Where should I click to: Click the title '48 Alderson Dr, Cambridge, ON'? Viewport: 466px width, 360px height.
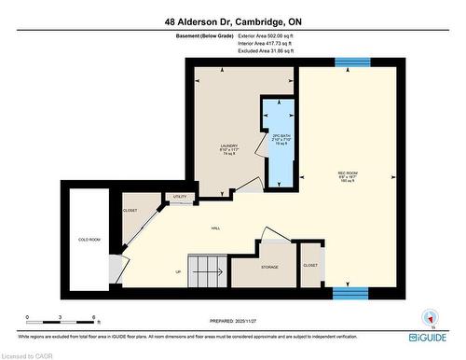click(233, 21)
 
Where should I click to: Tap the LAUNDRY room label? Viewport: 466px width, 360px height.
click(226, 145)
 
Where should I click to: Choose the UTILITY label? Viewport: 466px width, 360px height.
click(179, 197)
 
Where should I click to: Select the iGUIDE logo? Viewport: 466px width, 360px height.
click(432, 336)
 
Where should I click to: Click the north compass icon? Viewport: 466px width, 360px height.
click(429, 316)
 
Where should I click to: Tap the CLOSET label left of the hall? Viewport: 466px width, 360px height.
click(130, 211)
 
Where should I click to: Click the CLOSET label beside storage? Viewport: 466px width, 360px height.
click(310, 265)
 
